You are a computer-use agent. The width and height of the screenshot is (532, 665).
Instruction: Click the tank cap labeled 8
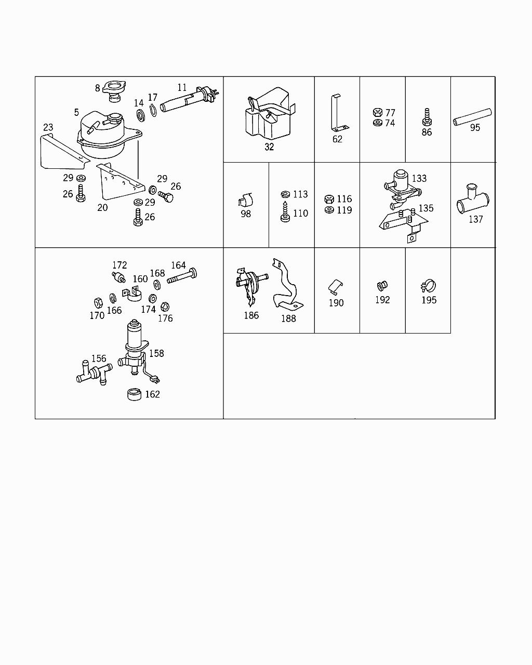112,88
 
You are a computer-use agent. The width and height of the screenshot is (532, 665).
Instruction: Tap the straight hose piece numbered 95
472,117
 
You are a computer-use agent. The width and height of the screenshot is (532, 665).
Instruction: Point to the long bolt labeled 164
181,276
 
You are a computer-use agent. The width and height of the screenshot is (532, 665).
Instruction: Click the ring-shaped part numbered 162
135,394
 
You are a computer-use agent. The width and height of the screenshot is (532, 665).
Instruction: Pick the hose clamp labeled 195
428,286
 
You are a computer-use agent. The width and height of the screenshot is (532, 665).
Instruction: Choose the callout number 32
269,147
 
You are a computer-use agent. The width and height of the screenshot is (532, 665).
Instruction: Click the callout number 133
419,178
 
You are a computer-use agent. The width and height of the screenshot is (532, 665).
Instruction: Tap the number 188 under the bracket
288,318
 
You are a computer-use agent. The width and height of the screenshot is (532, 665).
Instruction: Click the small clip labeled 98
246,200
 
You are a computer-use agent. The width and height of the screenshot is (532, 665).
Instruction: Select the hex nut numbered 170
97,302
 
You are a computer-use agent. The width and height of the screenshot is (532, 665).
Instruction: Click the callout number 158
156,353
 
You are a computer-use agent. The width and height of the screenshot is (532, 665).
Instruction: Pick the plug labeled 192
382,285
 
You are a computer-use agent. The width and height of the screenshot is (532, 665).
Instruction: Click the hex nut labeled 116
328,199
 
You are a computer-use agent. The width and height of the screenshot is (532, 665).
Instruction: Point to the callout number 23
48,127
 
